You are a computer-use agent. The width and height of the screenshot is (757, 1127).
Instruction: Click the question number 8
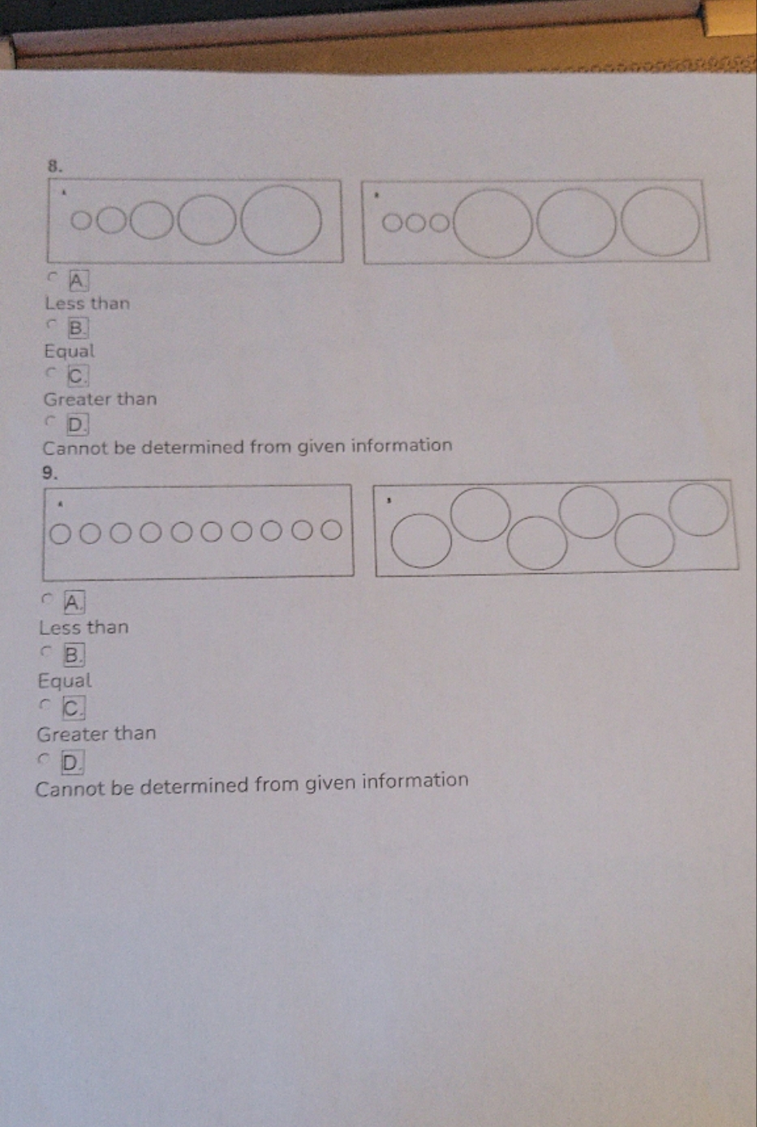pyautogui.click(x=54, y=165)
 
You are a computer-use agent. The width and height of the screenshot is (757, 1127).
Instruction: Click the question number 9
pyautogui.click(x=49, y=473)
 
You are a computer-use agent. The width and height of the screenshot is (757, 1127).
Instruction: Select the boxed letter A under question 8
pyautogui.click(x=78, y=281)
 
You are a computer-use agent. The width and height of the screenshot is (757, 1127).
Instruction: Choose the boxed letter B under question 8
pyautogui.click(x=77, y=328)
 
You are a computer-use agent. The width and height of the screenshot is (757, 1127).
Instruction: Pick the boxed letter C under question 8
pyautogui.click(x=77, y=376)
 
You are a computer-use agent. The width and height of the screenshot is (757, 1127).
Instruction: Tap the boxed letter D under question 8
pyautogui.click(x=76, y=424)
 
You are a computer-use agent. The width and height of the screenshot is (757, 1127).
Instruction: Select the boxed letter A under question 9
pyautogui.click(x=74, y=602)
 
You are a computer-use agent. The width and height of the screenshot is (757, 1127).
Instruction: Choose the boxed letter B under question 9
pyautogui.click(x=73, y=654)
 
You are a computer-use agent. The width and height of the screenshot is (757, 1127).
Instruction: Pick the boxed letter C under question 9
pyautogui.click(x=72, y=708)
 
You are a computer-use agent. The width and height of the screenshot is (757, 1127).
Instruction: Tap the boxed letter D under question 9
pyautogui.click(x=71, y=762)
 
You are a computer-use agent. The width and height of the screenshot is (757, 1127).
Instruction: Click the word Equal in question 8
pyautogui.click(x=69, y=352)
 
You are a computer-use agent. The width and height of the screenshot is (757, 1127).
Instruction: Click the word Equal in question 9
pyautogui.click(x=65, y=681)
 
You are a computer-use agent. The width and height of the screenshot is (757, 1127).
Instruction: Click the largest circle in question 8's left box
pyautogui.click(x=282, y=221)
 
